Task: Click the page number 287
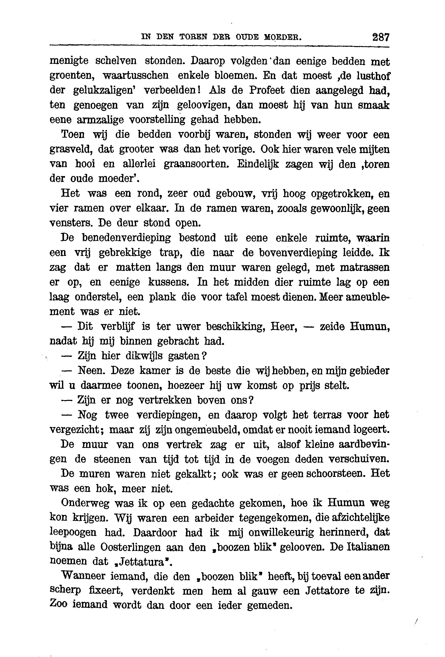coord(381,37)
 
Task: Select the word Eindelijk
coord(258,164)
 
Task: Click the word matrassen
coord(364,267)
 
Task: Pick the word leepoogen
coord(73,533)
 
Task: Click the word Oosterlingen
coord(129,547)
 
